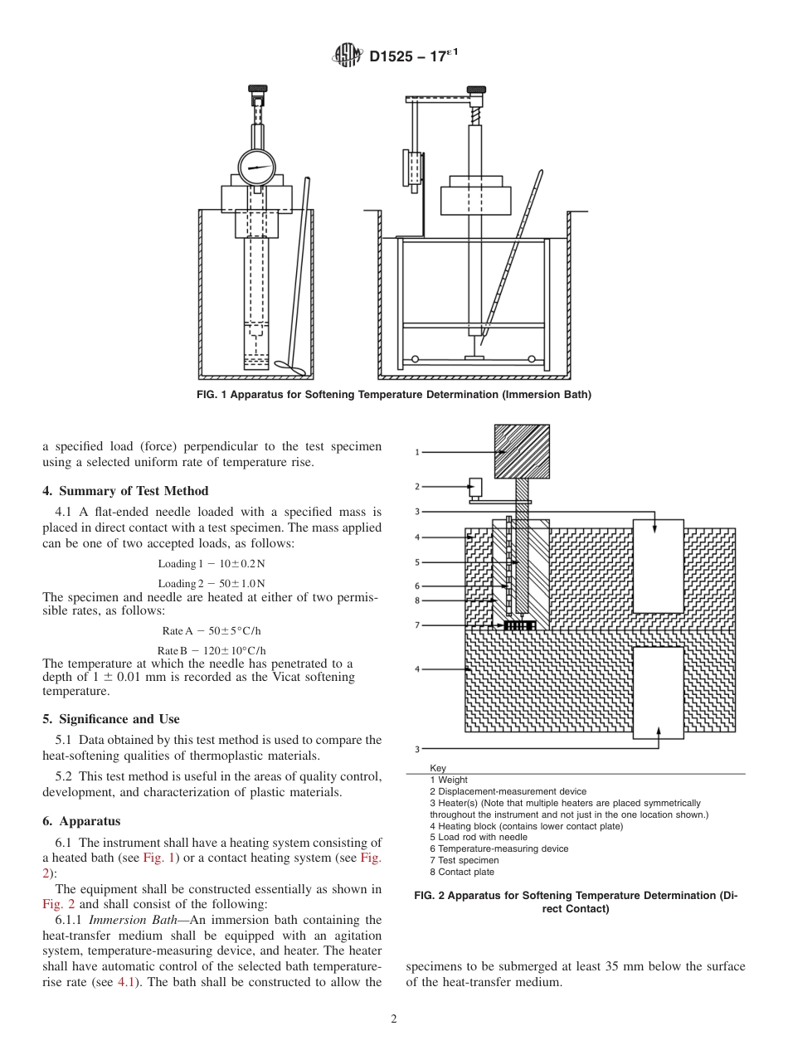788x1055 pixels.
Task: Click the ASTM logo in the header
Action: coord(347,56)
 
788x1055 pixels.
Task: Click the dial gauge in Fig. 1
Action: coord(255,169)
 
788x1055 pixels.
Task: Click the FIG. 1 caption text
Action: coord(393,395)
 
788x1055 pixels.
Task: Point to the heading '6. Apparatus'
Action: coord(81,821)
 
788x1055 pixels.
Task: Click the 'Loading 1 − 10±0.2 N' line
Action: coord(212,564)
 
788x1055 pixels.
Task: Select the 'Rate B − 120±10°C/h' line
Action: coord(212,650)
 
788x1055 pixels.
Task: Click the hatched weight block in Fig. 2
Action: coord(522,452)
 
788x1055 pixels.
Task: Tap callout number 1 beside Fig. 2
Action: coord(418,453)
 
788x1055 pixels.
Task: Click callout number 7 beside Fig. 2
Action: coord(418,625)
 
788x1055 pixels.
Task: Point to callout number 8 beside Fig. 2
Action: coord(418,600)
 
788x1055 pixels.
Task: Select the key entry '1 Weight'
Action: coord(448,780)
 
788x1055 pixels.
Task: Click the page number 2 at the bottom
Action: coord(394,1019)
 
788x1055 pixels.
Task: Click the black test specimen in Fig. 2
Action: coord(519,625)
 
